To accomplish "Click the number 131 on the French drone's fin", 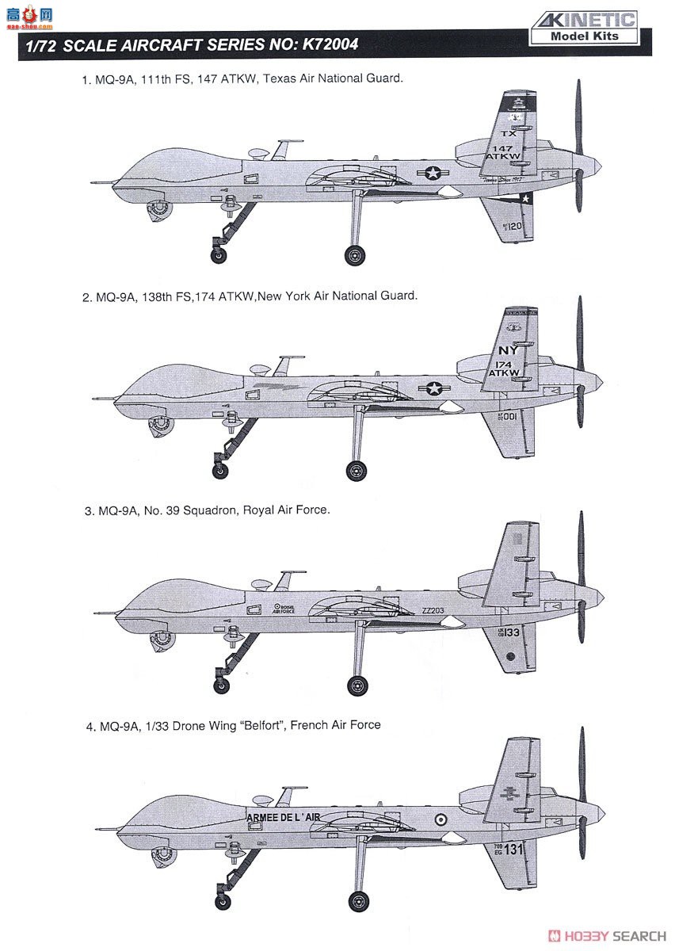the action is pos(514,850).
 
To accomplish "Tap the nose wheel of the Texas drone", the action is pos(218,254).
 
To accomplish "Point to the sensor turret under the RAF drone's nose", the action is pos(162,637).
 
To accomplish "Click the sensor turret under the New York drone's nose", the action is pos(161,422).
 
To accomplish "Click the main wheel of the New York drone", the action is pos(357,471).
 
